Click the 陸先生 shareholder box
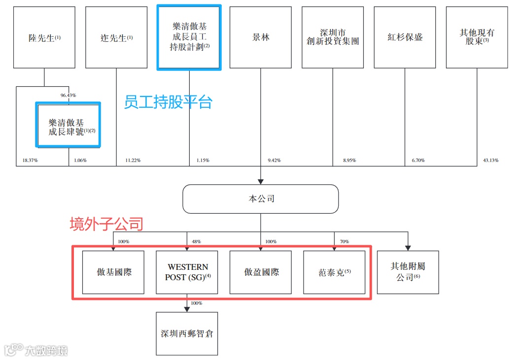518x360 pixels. coord(44,37)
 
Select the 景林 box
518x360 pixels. coord(260,37)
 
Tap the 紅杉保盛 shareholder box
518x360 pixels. coord(405,37)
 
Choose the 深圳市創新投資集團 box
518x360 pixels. coord(333,37)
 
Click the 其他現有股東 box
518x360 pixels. coord(477,37)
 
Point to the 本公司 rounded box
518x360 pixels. coord(261,199)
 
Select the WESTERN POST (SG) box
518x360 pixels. coord(187,272)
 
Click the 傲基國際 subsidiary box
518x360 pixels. coord(113,272)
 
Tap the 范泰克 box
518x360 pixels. coord(334,272)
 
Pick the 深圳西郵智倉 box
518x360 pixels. coord(187,333)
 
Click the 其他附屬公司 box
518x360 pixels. coord(408,272)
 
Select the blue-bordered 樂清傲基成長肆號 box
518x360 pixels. coord(69,125)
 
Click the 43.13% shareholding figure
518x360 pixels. coord(491,161)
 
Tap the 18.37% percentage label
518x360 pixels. coord(30,161)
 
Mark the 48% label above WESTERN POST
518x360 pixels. coord(196,242)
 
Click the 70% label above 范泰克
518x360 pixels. coord(344,242)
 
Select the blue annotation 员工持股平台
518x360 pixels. coord(168,102)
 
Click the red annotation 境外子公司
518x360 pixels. coord(106,225)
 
